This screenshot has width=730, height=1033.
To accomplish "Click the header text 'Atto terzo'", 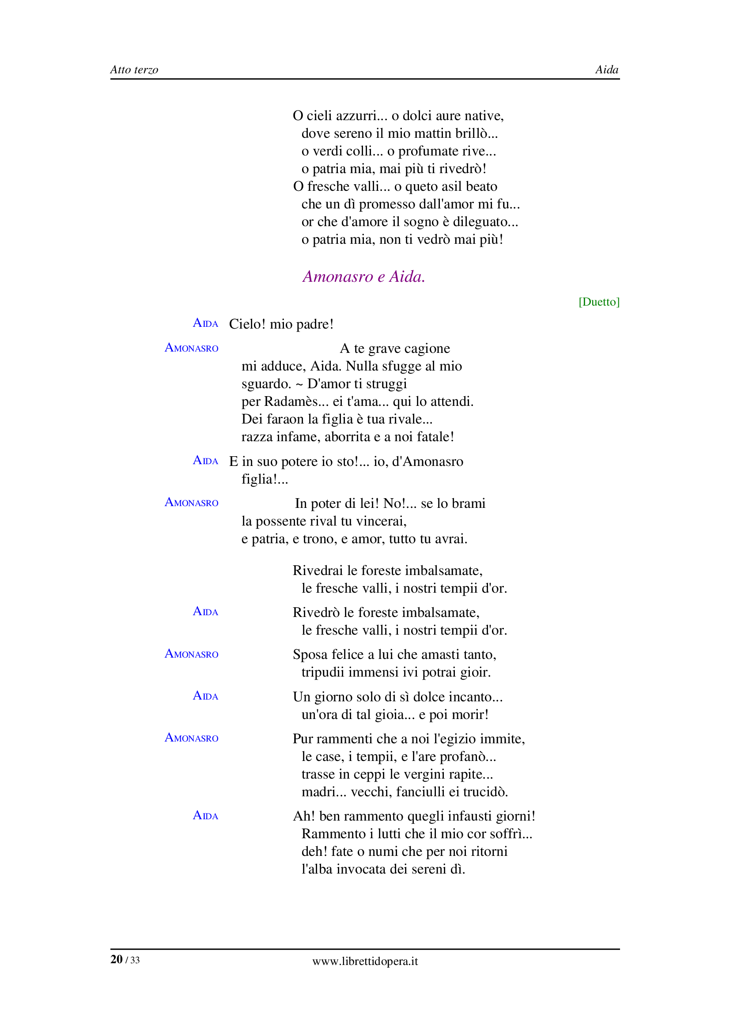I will pos(134,70).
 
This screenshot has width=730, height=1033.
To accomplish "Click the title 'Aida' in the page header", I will pos(606,70).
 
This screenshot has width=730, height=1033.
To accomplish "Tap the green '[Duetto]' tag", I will pos(599,302).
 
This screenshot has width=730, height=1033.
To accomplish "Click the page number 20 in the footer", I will pos(117,959).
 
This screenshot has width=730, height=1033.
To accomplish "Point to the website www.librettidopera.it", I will pos(365,961).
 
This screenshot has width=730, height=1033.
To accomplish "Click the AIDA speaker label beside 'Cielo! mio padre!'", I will pos(205,323).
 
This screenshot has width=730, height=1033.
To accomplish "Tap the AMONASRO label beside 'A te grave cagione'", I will pos(192,348).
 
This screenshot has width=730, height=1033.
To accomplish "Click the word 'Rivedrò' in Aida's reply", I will pos(316,613).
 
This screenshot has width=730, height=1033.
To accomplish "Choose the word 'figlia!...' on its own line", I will pos(265,479).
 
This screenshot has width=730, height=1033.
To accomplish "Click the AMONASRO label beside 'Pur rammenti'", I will pos(192,738).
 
